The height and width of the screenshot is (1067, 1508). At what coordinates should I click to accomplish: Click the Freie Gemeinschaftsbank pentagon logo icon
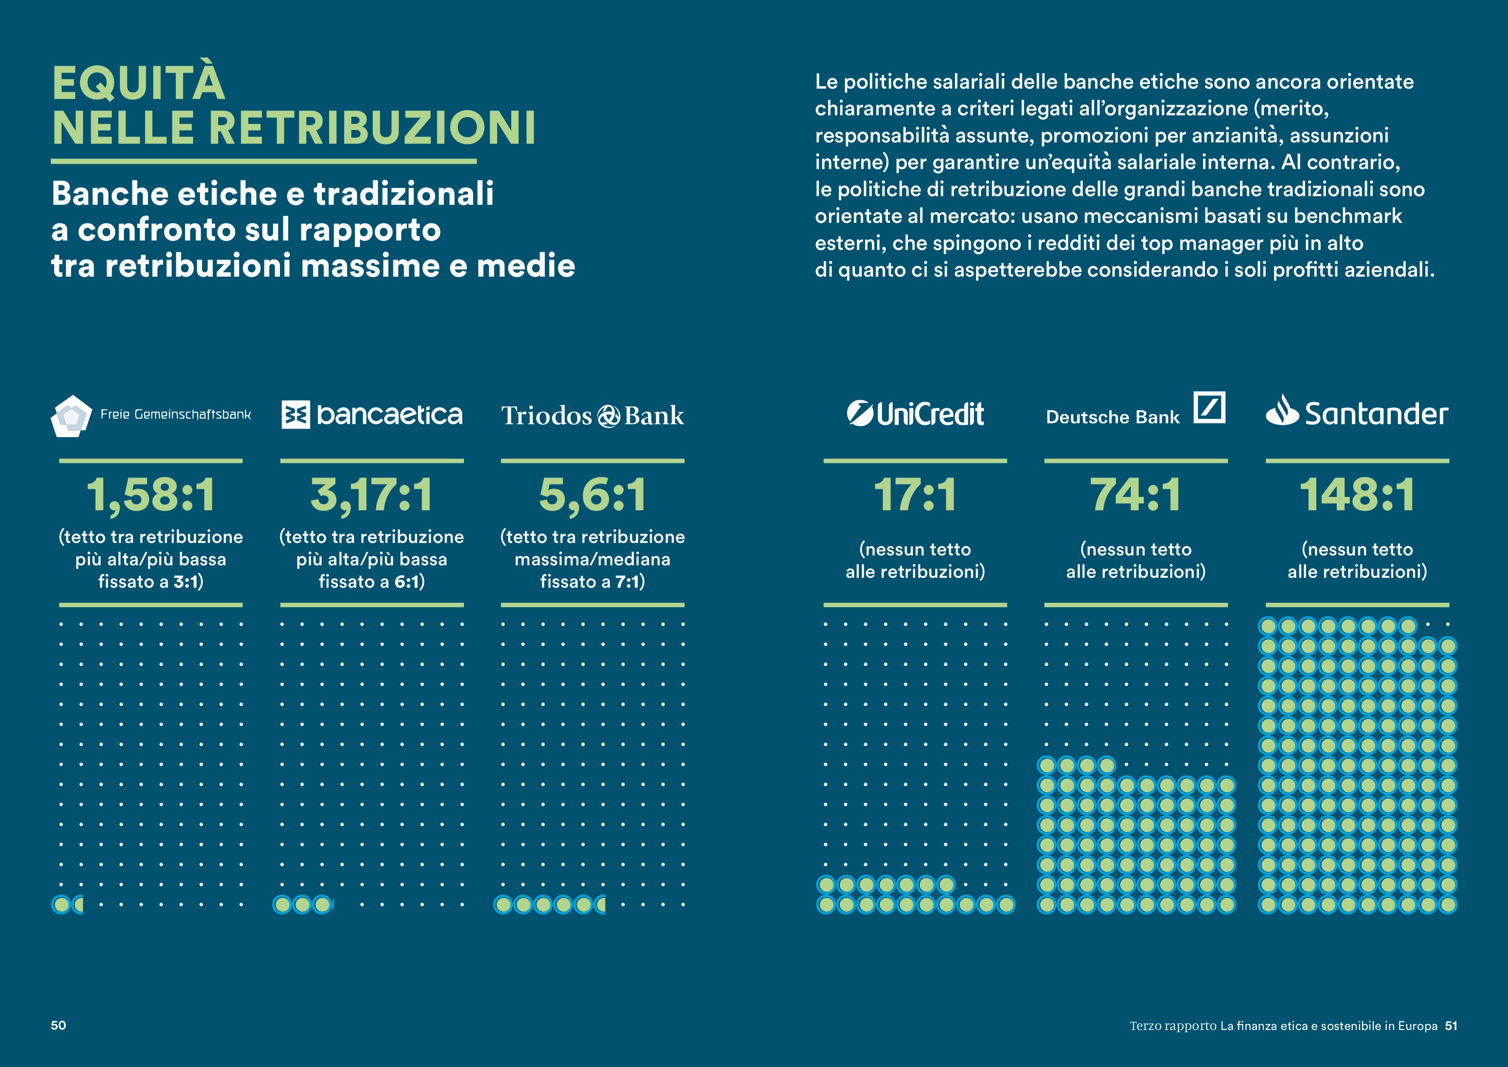point(71,415)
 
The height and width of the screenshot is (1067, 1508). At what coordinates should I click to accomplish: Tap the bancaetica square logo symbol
point(295,415)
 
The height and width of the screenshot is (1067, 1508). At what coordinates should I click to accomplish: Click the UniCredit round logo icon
point(860,413)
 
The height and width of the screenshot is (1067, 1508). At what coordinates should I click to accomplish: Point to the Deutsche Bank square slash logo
point(1209,407)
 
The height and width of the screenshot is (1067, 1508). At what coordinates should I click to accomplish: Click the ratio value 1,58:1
point(150,495)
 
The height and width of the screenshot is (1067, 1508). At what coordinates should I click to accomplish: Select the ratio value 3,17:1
point(372,495)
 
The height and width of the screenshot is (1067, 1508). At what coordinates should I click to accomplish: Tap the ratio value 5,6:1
point(593,495)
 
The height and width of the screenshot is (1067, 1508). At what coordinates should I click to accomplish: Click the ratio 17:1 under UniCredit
point(915,495)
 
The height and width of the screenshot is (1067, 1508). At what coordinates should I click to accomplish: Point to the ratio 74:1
point(1136,495)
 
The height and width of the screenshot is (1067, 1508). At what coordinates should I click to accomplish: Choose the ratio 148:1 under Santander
point(1357,495)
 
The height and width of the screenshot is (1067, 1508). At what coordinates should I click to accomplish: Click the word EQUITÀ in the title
point(138,84)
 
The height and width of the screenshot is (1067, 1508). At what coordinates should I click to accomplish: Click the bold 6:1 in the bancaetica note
point(406,581)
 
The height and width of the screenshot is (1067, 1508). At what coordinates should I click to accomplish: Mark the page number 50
point(58,1025)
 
